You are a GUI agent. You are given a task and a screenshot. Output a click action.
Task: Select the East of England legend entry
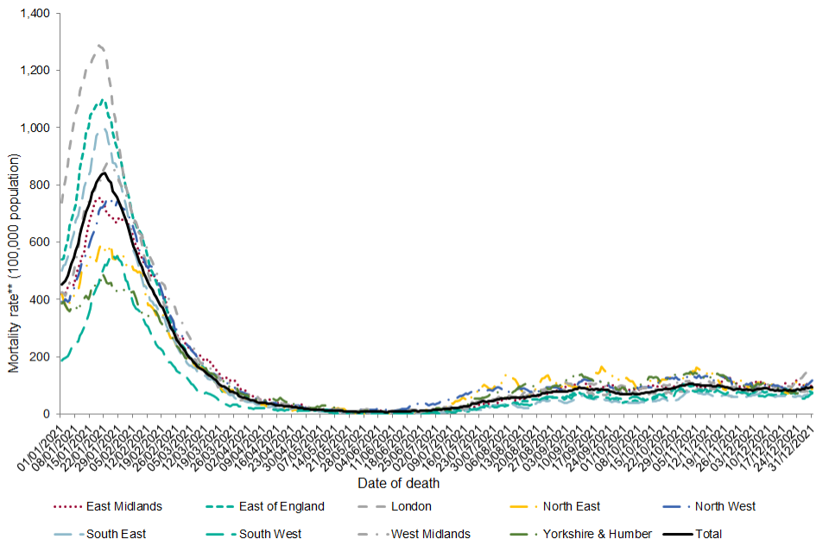coord(282,506)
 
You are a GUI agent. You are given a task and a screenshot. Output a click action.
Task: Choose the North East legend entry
coord(573,506)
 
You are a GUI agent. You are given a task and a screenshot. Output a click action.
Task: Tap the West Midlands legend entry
coord(431,534)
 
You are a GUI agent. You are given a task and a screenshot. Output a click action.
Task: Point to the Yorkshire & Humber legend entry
coord(597,534)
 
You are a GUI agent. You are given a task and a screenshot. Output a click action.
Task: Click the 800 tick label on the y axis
coord(38,185)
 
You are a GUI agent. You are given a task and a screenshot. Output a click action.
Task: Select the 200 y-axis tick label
coord(38,357)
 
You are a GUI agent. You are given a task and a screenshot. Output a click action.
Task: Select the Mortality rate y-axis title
coord(14,263)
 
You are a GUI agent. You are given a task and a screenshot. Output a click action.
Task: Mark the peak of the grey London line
coord(101,45)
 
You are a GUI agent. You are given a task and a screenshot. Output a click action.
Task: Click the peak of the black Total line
coord(104,173)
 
